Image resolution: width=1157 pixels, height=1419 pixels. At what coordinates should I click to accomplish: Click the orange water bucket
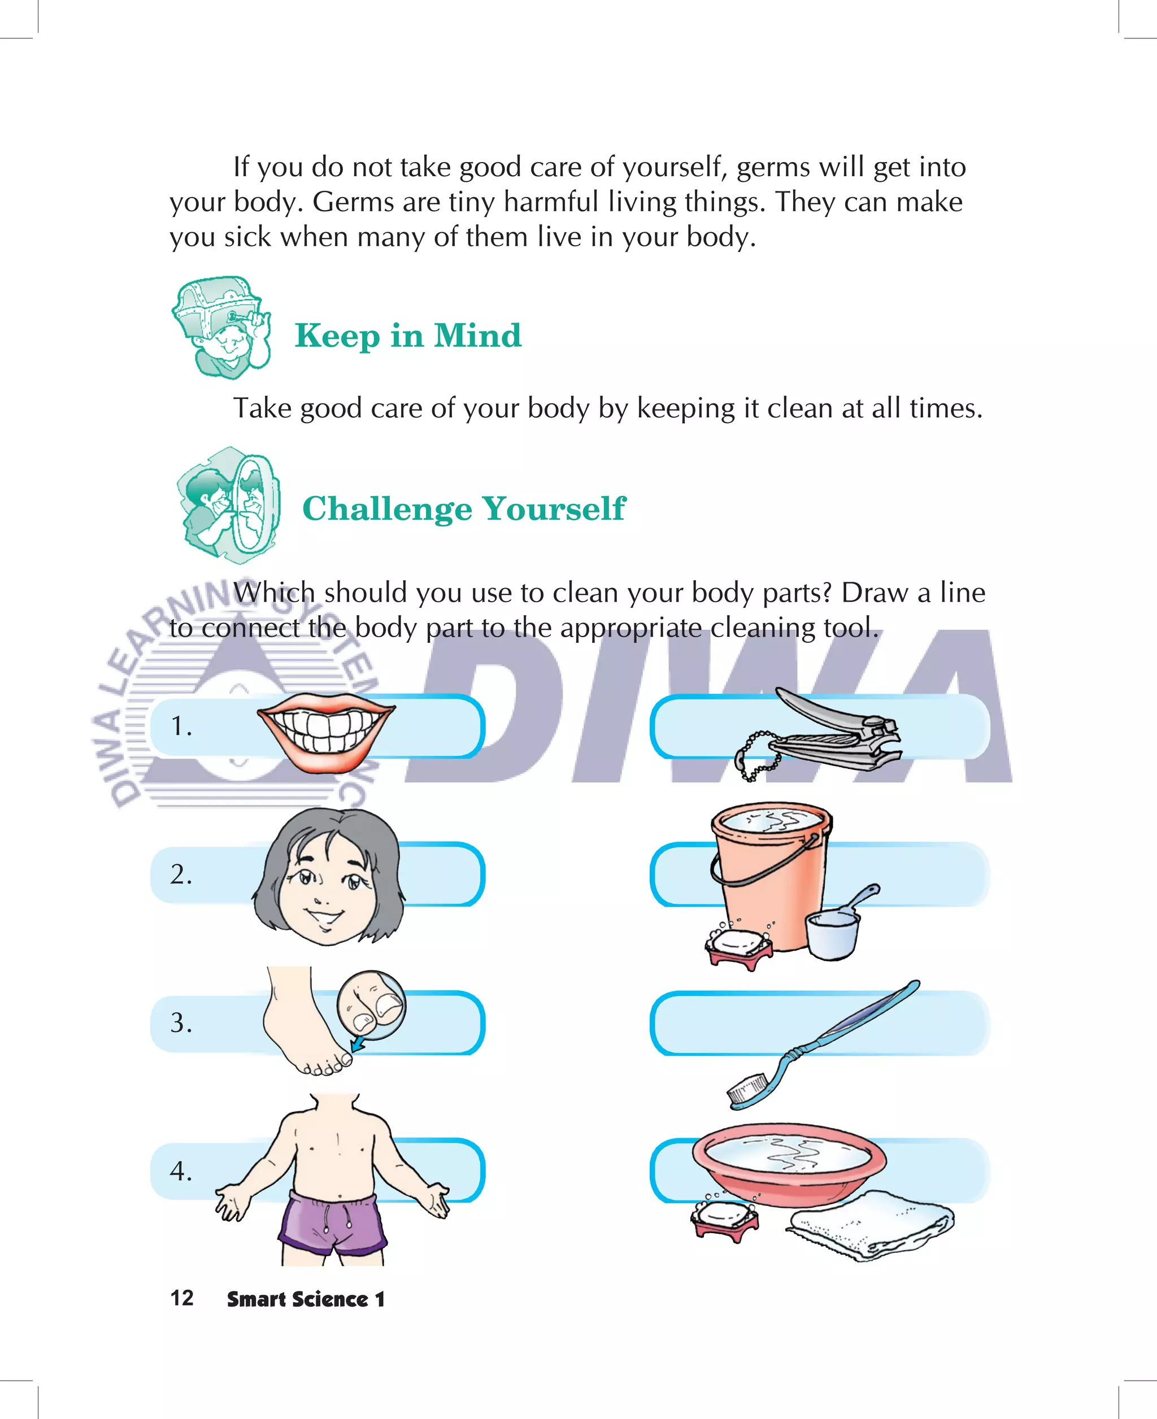pyautogui.click(x=771, y=873)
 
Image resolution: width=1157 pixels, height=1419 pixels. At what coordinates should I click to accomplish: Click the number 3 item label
pyautogui.click(x=181, y=1022)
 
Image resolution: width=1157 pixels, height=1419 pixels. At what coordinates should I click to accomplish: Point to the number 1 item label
pyautogui.click(x=181, y=726)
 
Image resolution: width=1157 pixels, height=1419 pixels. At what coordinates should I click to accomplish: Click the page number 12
pyautogui.click(x=182, y=1298)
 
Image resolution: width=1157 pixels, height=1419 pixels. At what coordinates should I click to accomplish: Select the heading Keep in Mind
pyautogui.click(x=408, y=335)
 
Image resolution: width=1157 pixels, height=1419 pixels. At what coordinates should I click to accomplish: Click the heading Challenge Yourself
pyautogui.click(x=464, y=508)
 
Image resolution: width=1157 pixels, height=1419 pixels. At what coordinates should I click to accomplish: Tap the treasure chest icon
pyautogui.click(x=222, y=327)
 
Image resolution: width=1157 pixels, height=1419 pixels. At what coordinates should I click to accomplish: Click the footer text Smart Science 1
pyautogui.click(x=306, y=1299)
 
